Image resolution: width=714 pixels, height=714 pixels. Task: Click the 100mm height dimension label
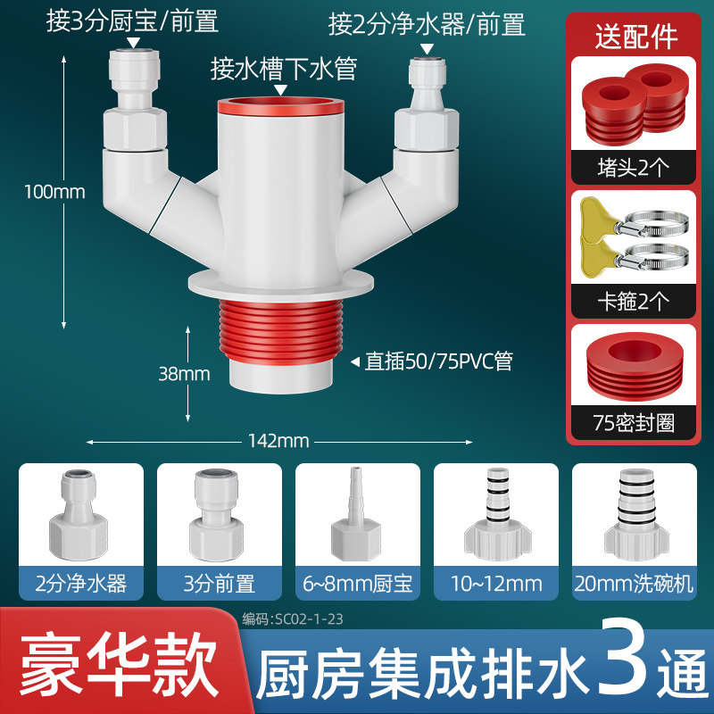pos(54,192)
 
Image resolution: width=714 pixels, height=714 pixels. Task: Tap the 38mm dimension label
pos(184,374)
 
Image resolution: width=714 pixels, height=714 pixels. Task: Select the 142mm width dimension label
pos(278,441)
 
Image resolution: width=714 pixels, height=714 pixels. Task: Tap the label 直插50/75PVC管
pos(438,361)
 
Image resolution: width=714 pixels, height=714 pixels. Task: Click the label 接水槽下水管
pos(283,70)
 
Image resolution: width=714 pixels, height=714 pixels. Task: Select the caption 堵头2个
pos(634,168)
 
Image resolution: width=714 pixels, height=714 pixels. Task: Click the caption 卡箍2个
pos(634,301)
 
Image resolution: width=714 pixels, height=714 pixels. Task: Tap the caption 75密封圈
pos(634,422)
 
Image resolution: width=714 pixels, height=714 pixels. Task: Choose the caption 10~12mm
pos(496,584)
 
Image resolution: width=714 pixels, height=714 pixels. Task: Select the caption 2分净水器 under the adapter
pos(81,584)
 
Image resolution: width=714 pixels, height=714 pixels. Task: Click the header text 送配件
pos(636,37)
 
